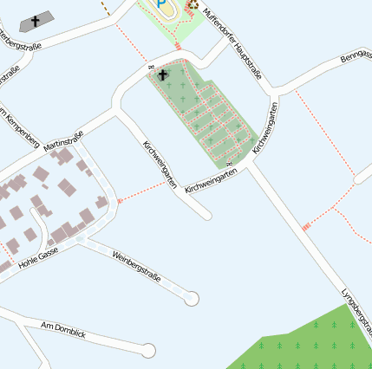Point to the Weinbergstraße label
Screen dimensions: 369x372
coord(137,266)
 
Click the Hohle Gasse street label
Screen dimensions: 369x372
coord(38,256)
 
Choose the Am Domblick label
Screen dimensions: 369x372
coord(64,329)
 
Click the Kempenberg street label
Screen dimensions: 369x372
coord(21,125)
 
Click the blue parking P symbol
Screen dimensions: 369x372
coord(162,6)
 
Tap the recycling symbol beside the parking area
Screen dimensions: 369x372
coord(193,4)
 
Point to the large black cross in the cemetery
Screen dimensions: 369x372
coord(162,75)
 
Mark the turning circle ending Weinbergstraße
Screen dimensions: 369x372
coord(192,298)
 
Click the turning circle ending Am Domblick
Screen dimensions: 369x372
coord(148,351)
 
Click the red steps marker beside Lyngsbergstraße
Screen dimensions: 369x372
coord(306,227)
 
